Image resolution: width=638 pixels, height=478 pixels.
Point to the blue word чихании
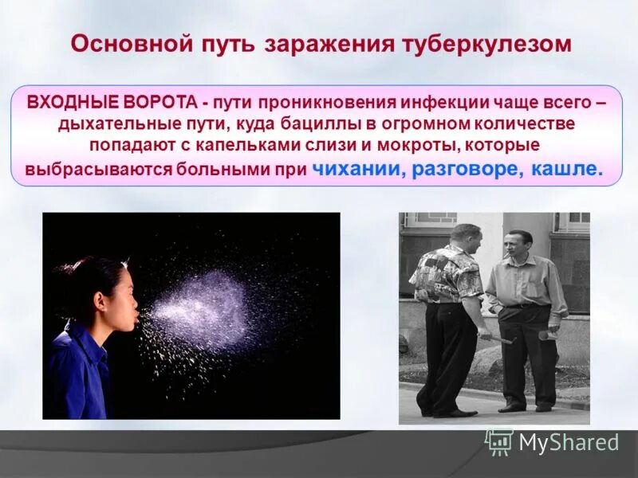point(359,169)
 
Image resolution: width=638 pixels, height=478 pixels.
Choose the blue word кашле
point(566,169)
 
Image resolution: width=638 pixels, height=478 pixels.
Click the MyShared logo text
point(569,442)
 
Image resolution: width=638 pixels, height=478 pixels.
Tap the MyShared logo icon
point(499,442)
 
